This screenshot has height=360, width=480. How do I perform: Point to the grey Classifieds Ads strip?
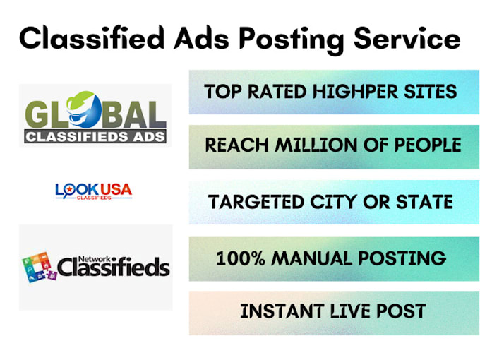point(95,136)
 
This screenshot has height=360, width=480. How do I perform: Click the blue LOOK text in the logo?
point(75,189)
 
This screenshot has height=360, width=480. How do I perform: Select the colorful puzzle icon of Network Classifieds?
point(38,266)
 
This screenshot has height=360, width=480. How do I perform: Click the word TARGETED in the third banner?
point(257,201)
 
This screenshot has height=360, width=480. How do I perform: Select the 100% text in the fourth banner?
point(240,258)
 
